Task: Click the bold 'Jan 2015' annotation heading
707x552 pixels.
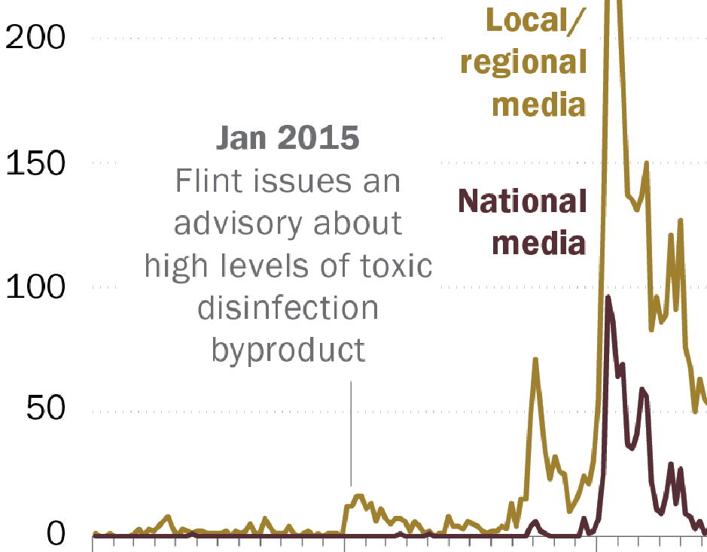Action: point(288,138)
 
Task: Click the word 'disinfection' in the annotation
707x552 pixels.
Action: point(288,308)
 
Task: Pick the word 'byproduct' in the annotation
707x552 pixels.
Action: point(288,350)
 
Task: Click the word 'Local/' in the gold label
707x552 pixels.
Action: point(536,20)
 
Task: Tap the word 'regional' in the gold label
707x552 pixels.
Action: point(523,62)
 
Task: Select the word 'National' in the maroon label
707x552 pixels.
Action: point(523,202)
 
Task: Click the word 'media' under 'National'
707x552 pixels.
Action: point(544,243)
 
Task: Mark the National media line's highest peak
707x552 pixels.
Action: point(608,298)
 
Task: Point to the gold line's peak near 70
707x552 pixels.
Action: point(535,359)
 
